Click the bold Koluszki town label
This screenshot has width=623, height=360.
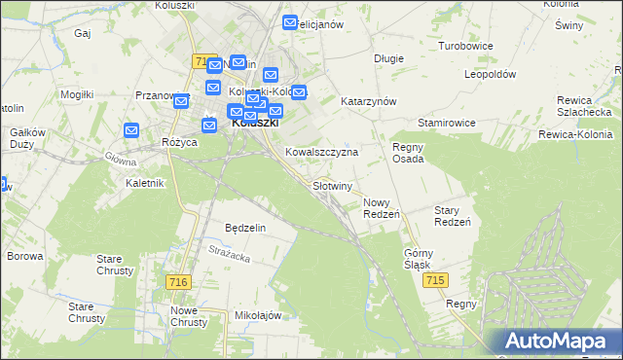click(x=255, y=124)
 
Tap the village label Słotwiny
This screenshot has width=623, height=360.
click(x=332, y=185)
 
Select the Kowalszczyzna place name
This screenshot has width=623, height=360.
click(x=321, y=153)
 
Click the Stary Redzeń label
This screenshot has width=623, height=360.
click(x=453, y=216)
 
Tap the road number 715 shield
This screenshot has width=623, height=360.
click(x=436, y=280)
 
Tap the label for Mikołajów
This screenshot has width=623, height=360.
click(x=258, y=315)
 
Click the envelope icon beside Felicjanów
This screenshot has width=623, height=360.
click(x=290, y=23)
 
